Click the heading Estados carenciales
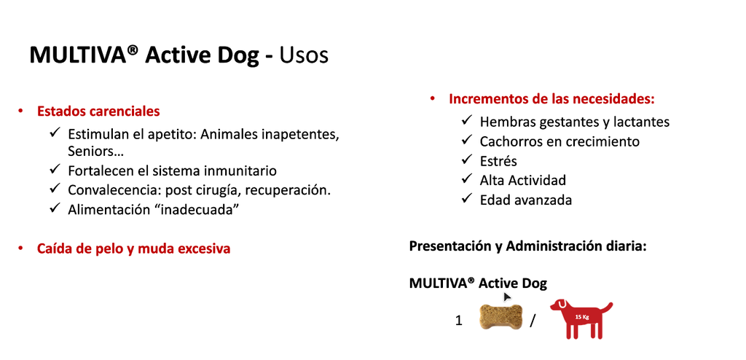(x=98, y=111)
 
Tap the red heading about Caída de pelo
(x=133, y=249)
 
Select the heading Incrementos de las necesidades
(x=551, y=98)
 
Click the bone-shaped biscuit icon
(x=501, y=318)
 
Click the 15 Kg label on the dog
(x=581, y=317)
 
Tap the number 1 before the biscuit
(x=459, y=320)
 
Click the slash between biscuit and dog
(x=533, y=320)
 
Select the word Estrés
(x=498, y=160)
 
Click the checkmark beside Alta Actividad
(x=467, y=179)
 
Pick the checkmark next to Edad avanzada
(x=467, y=199)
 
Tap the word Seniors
(x=92, y=152)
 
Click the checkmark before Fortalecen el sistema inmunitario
(x=55, y=170)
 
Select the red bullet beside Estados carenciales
(x=21, y=111)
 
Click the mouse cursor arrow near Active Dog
(x=507, y=297)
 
